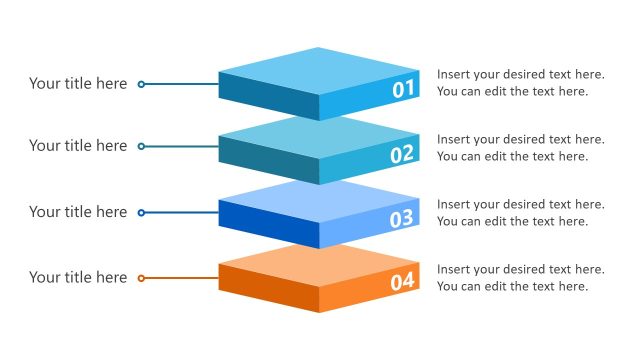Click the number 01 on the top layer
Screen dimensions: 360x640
(403, 90)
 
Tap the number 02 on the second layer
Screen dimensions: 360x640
(402, 154)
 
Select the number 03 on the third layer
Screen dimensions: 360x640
(402, 219)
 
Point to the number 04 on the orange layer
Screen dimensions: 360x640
(402, 283)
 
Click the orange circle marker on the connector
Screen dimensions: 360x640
(141, 278)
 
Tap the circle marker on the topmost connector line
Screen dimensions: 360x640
(141, 84)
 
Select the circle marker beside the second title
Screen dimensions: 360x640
(141, 146)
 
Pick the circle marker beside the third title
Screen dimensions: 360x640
(141, 212)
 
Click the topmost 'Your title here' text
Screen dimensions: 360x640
(78, 84)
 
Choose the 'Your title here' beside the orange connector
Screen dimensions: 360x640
(78, 278)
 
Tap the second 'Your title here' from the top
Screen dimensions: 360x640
(78, 146)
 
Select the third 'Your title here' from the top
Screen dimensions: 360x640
(78, 212)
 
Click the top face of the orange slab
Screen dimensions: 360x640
(319, 265)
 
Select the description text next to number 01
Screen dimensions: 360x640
(520, 83)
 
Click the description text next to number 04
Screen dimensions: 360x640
(520, 278)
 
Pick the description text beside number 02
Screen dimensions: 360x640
(520, 148)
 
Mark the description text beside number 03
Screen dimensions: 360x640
(520, 213)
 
